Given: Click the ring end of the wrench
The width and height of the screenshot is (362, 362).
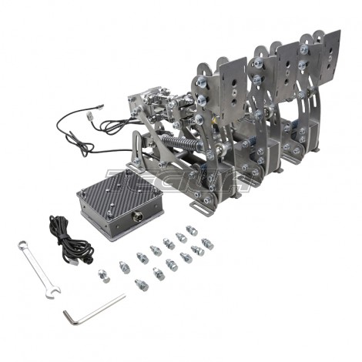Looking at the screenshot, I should click(22, 246).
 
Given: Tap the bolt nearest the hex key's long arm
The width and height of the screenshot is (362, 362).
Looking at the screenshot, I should click(141, 286).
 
